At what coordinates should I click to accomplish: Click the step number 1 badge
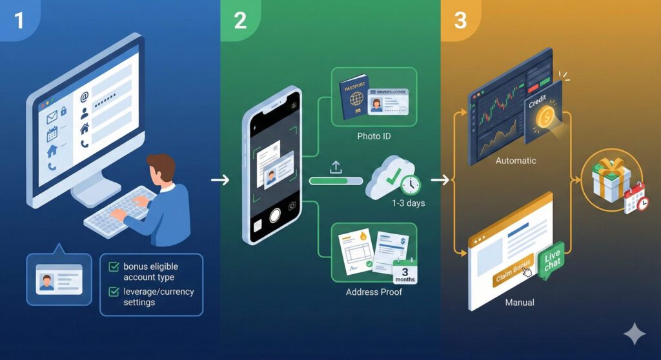click(x=18, y=20)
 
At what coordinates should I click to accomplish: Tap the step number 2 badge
click(x=239, y=20)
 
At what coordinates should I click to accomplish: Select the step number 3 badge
click(x=460, y=20)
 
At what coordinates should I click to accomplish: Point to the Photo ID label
click(x=374, y=136)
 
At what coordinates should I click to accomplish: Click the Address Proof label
click(x=374, y=292)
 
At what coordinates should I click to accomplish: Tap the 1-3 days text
click(x=409, y=203)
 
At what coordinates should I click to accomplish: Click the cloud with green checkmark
click(x=387, y=177)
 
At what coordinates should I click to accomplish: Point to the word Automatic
click(x=516, y=160)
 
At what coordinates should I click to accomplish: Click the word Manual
click(x=520, y=301)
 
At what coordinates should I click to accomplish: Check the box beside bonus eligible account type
click(x=114, y=266)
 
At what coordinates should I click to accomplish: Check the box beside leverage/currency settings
click(x=114, y=292)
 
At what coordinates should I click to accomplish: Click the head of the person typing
click(x=162, y=169)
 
